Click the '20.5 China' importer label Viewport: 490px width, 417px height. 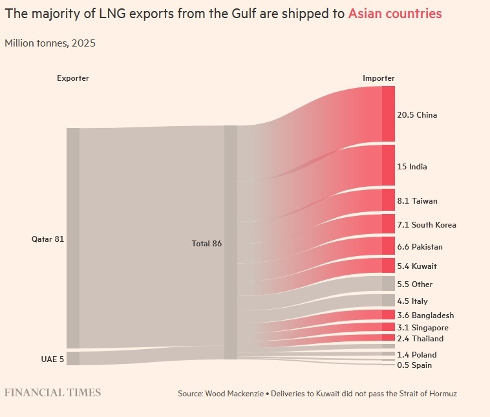(x=417, y=115)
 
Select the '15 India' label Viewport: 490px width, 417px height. (x=412, y=167)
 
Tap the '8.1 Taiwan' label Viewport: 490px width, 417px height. (x=417, y=201)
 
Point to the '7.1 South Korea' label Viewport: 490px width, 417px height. (x=426, y=225)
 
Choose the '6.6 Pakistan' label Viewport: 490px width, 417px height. (x=420, y=247)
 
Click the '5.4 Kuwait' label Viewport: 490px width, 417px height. (x=417, y=266)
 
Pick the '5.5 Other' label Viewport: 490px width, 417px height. (x=415, y=284)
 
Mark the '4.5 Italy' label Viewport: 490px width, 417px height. (x=412, y=301)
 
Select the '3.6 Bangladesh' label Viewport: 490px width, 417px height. (x=425, y=315)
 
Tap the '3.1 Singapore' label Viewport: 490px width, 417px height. (x=423, y=328)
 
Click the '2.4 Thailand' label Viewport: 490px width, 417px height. (x=420, y=339)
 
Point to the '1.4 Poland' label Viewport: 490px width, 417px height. (x=416, y=355)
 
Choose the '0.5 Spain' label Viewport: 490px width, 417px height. (x=414, y=365)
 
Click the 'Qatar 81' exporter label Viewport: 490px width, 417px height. (x=48, y=239)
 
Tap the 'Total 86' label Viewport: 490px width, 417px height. (x=206, y=244)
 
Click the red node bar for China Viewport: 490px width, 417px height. (x=388, y=114)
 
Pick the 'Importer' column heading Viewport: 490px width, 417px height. (x=378, y=78)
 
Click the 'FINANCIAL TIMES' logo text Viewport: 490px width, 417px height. (x=53, y=392)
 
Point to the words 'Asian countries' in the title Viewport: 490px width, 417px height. (x=395, y=14)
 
